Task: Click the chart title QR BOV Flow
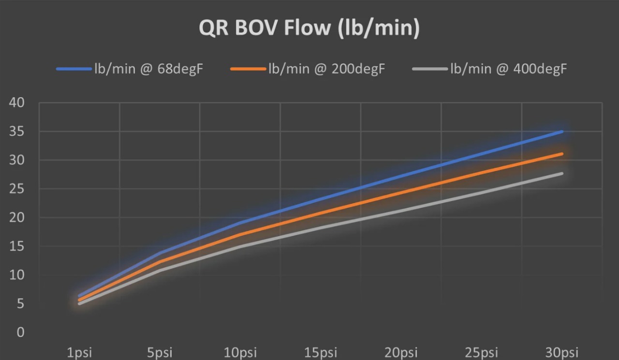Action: (309, 28)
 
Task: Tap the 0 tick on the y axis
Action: (20, 332)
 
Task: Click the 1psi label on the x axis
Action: (79, 353)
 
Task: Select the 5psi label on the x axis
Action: (160, 353)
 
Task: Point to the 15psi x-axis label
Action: (321, 353)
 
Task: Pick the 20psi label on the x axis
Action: (401, 353)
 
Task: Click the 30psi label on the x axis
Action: (562, 353)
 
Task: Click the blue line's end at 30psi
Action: (562, 131)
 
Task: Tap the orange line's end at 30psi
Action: (562, 154)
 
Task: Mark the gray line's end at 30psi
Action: (562, 173)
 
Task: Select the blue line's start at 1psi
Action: (79, 296)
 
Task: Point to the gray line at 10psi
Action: (240, 246)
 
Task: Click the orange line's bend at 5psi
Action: (160, 261)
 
